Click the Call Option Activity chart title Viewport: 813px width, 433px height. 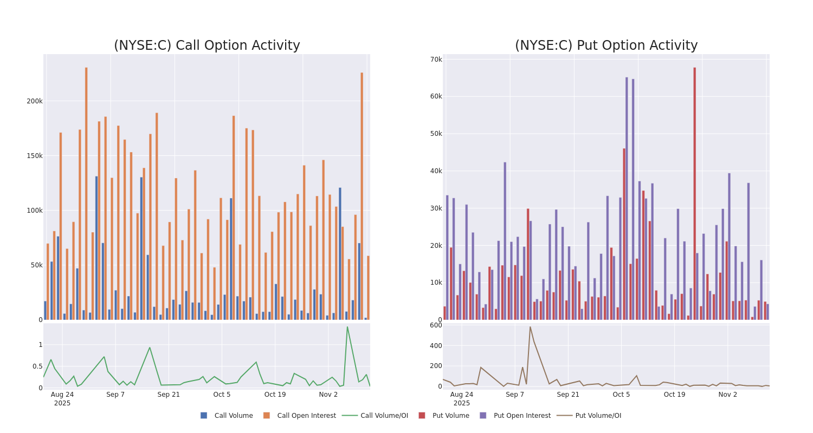pyautogui.click(x=207, y=46)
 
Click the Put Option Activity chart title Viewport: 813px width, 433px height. pyautogui.click(x=606, y=46)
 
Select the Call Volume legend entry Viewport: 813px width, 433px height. pyautogui.click(x=227, y=416)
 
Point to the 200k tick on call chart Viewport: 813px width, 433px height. pyautogui.click(x=35, y=101)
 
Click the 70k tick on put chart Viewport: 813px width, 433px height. pyautogui.click(x=436, y=60)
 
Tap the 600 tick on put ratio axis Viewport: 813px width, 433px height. pyautogui.click(x=436, y=325)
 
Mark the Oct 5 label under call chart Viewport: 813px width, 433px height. pyautogui.click(x=222, y=395)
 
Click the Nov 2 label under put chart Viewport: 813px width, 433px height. pyautogui.click(x=727, y=395)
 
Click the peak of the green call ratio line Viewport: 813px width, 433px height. pyautogui.click(x=347, y=327)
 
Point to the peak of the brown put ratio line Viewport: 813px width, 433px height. pyautogui.click(x=530, y=327)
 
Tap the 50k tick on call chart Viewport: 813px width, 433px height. pyautogui.click(x=36, y=265)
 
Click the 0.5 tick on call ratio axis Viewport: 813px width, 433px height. pyautogui.click(x=37, y=366)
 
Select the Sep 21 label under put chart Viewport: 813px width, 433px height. pyautogui.click(x=568, y=395)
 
